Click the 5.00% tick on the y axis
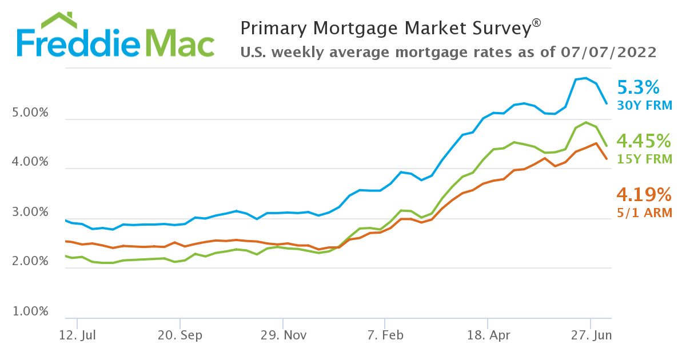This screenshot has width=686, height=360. (x=30, y=113)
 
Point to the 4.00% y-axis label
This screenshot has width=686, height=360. (x=30, y=162)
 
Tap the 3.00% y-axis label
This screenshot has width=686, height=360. (x=30, y=213)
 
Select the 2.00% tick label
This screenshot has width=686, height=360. (x=30, y=262)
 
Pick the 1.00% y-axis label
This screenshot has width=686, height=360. (x=30, y=311)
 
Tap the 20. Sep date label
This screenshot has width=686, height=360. (x=180, y=335)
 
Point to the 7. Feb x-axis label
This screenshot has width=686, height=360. (x=385, y=335)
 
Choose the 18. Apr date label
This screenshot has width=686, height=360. (x=487, y=335)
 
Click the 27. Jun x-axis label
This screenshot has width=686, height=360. (x=590, y=335)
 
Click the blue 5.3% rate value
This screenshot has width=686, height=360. (x=639, y=87)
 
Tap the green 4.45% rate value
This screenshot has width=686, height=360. (x=644, y=141)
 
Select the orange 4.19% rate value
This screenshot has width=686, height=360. (x=644, y=195)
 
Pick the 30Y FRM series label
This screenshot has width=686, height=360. (x=644, y=105)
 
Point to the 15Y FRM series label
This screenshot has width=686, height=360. (x=644, y=159)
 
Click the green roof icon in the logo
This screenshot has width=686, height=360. (x=59, y=21)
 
